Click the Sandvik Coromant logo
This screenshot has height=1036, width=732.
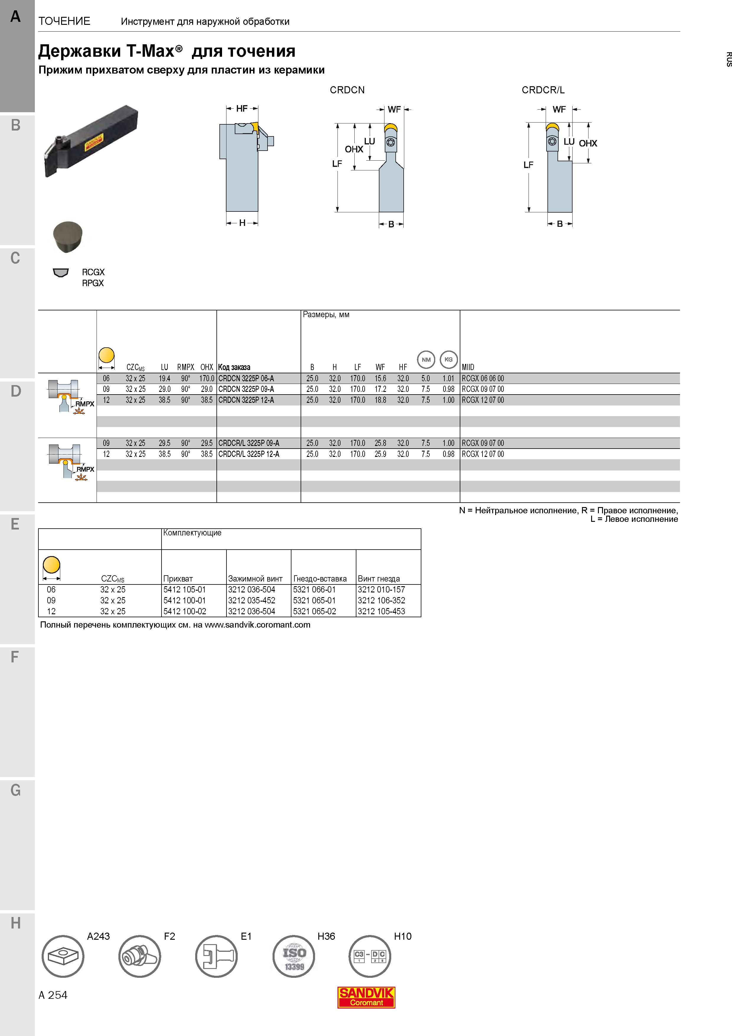366,997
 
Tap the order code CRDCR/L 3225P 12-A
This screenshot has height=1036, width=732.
249,454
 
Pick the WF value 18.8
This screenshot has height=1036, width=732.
380,400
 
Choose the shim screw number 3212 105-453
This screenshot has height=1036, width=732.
382,611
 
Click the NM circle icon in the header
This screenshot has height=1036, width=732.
426,360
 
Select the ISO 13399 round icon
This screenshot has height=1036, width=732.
294,956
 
